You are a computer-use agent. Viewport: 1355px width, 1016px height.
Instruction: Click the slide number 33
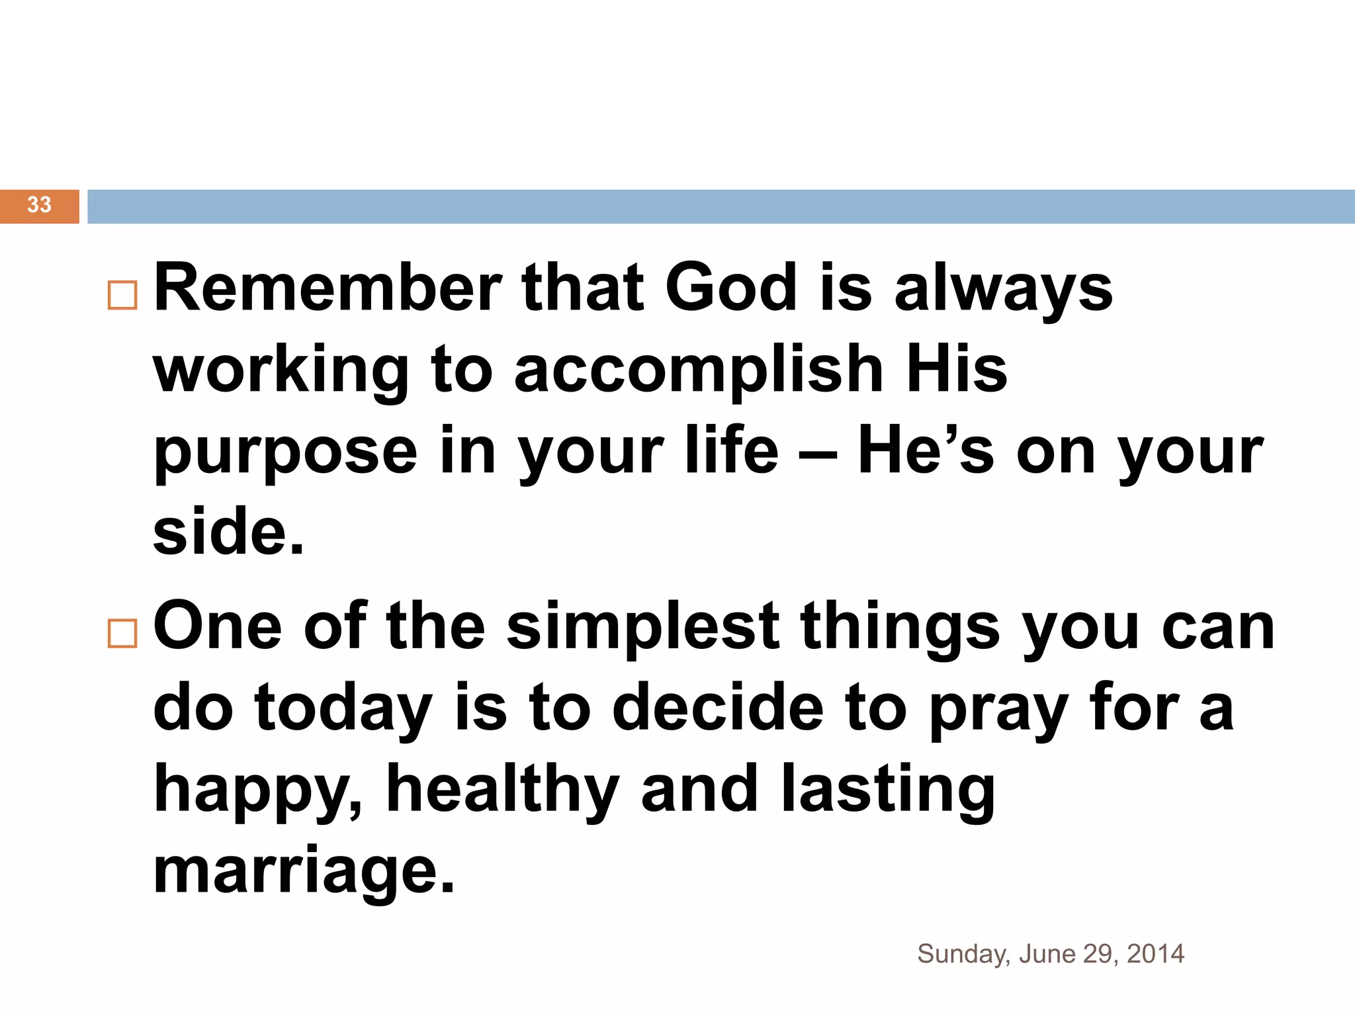[x=39, y=205]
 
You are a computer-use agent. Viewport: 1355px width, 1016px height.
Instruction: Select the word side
[x=228, y=532]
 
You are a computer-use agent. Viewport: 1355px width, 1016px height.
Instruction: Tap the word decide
[x=718, y=708]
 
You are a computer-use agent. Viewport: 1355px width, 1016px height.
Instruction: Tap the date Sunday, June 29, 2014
[x=1050, y=954]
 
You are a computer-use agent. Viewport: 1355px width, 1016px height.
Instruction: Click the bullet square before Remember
[x=122, y=295]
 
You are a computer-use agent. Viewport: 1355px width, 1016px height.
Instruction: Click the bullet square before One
[x=122, y=633]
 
